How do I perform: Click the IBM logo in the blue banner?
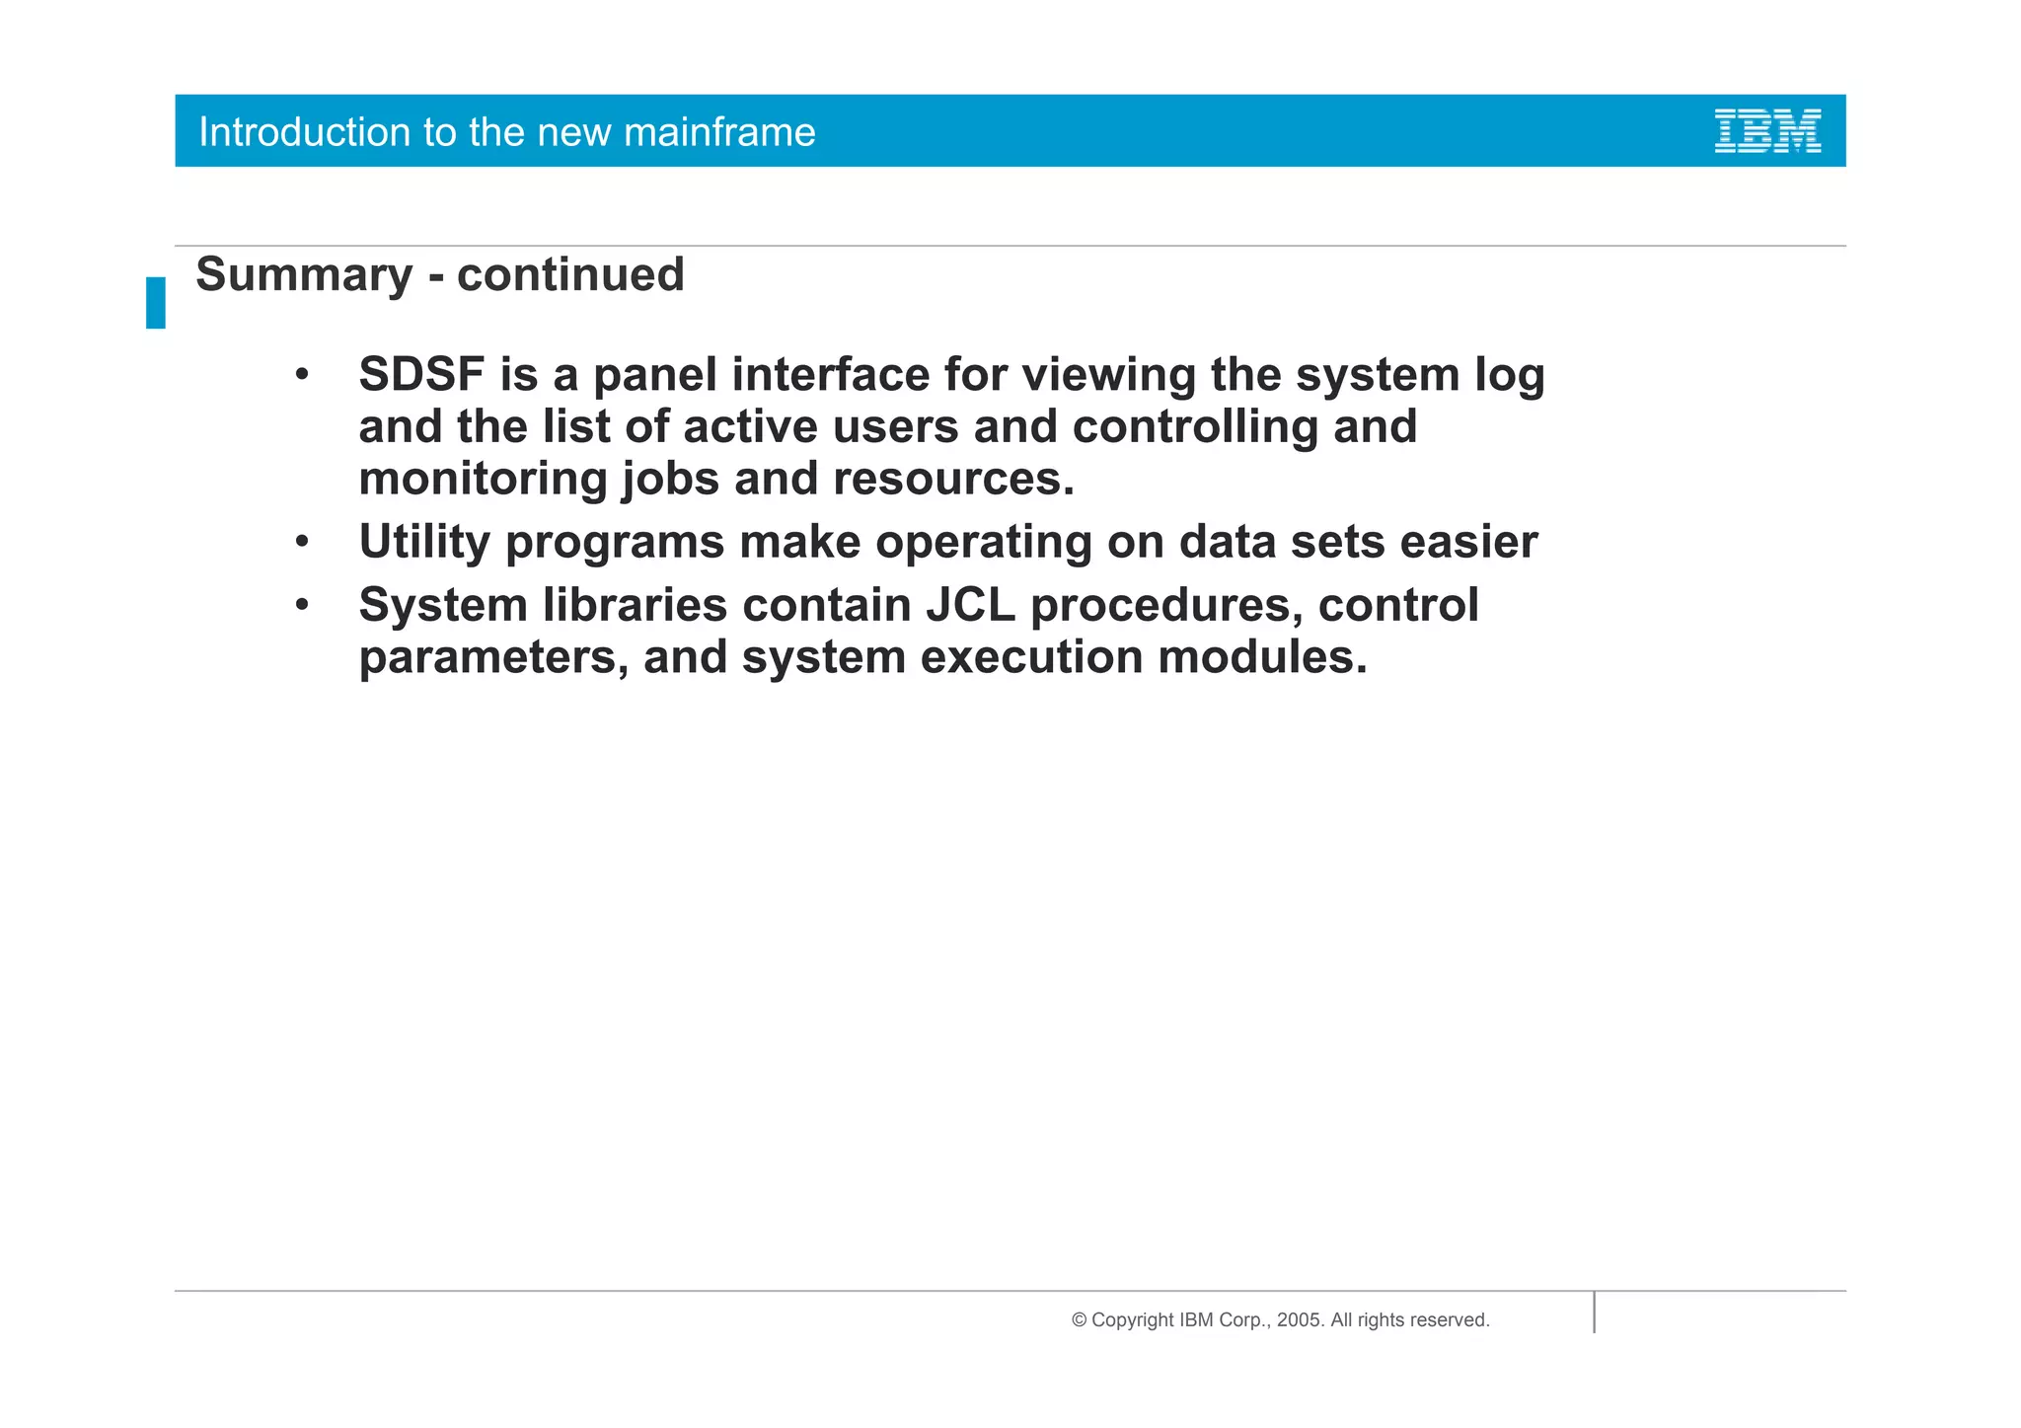(1767, 131)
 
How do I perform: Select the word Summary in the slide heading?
(303, 275)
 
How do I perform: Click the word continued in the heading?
(570, 274)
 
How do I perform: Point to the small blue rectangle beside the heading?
(156, 302)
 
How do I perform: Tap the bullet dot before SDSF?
(303, 376)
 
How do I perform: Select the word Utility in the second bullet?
(424, 542)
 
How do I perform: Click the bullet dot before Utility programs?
(303, 542)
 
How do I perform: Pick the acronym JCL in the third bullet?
(970, 605)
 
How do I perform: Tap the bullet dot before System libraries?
(303, 605)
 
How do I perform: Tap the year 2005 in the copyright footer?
(1298, 1320)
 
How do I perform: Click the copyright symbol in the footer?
(1079, 1320)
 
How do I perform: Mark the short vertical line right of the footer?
(1594, 1313)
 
